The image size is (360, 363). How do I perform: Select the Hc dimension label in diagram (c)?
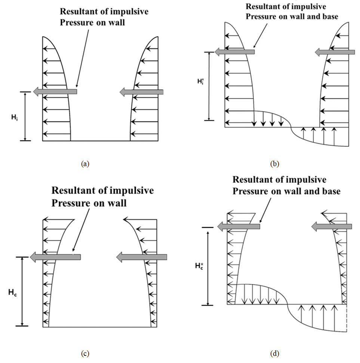pyautogui.click(x=13, y=294)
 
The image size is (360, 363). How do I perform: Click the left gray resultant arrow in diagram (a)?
pyautogui.click(x=55, y=91)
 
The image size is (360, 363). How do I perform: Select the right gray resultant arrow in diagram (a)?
pyautogui.click(x=142, y=91)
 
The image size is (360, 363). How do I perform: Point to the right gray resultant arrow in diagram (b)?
pyautogui.click(x=335, y=52)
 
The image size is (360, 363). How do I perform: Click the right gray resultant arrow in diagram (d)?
pyautogui.click(x=332, y=226)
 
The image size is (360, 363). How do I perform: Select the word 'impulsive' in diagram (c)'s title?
pyautogui.click(x=131, y=190)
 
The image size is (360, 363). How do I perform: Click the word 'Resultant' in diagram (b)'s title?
pyautogui.click(x=263, y=7)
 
